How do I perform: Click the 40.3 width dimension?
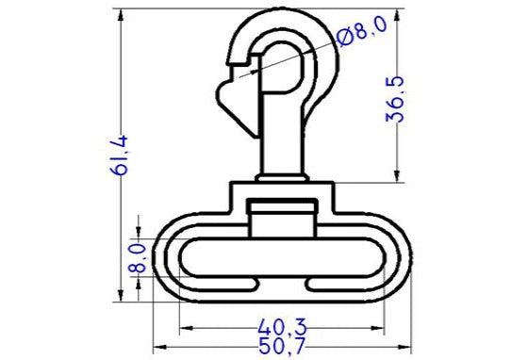281,326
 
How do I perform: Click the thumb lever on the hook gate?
228,95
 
